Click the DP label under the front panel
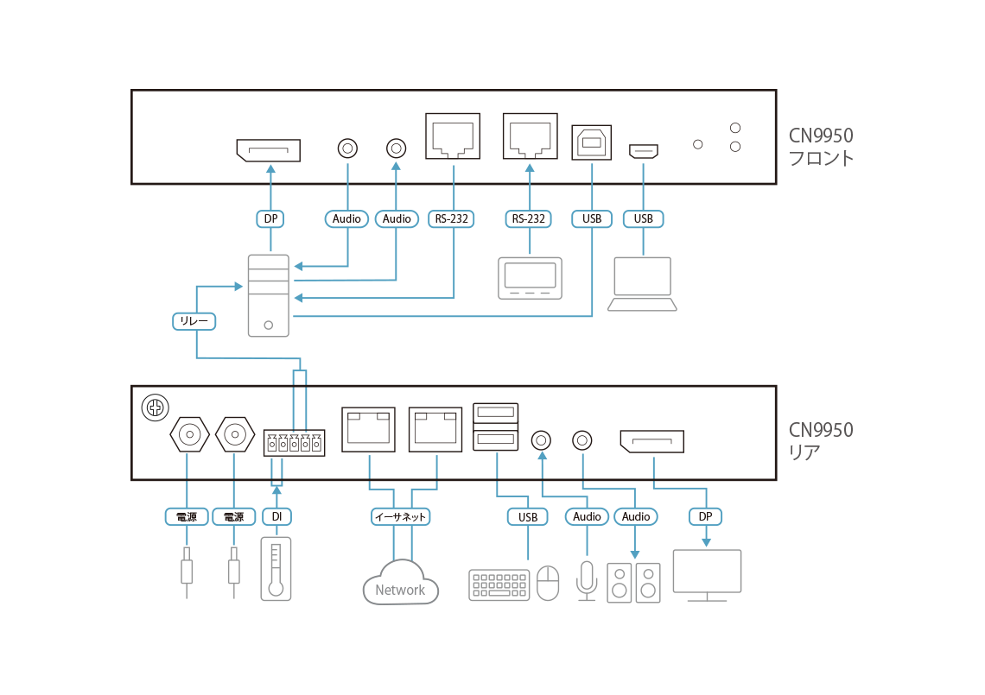(270, 219)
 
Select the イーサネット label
(401, 517)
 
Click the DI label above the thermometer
(276, 516)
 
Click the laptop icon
(642, 284)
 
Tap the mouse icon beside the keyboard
(548, 583)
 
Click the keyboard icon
(499, 584)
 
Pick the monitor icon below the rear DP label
(707, 574)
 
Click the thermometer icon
(276, 568)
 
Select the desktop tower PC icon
(269, 295)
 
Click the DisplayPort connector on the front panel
(268, 151)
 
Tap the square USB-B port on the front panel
(592, 142)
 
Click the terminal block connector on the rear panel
(294, 442)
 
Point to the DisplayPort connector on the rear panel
(651, 443)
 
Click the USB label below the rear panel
(527, 517)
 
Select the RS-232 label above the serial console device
(529, 219)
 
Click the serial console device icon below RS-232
(530, 278)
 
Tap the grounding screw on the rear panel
(156, 406)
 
